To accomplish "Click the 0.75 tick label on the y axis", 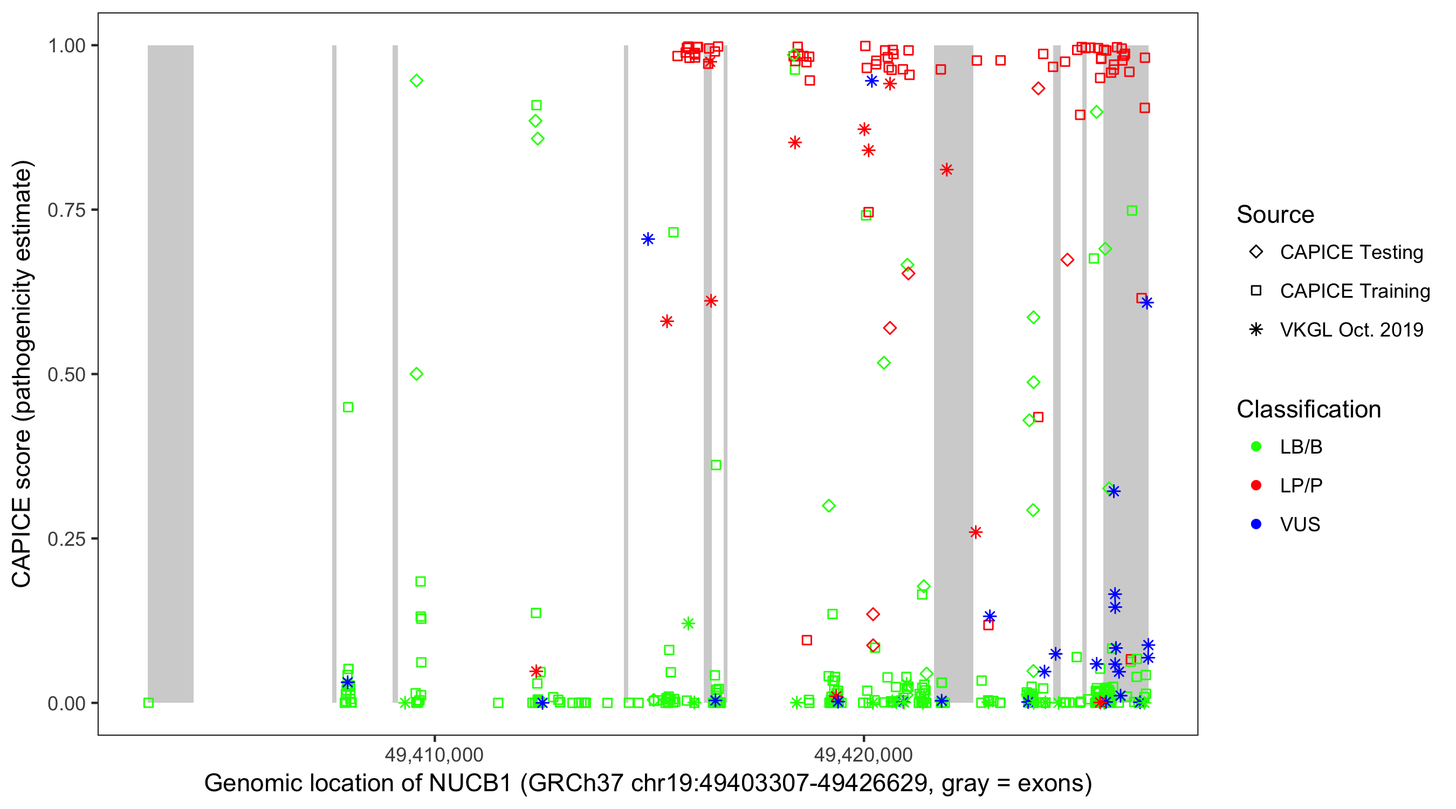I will pyautogui.click(x=66, y=210).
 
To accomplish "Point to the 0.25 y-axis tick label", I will pyautogui.click(x=66, y=539).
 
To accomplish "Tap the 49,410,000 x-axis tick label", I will pyautogui.click(x=434, y=754).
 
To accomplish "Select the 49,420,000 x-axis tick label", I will pyautogui.click(x=863, y=754).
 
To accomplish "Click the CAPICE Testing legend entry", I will pyautogui.click(x=1351, y=252).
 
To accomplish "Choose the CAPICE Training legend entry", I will pyautogui.click(x=1354, y=291).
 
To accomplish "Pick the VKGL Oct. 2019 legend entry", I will pyautogui.click(x=1351, y=330).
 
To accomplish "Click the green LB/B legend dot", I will pyautogui.click(x=1256, y=447).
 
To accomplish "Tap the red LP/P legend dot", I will pyautogui.click(x=1256, y=485).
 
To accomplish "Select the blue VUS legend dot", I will pyautogui.click(x=1256, y=525).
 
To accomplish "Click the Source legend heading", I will pyautogui.click(x=1275, y=215).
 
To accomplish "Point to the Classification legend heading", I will pyautogui.click(x=1308, y=409).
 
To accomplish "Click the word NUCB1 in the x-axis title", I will pyautogui.click(x=470, y=784).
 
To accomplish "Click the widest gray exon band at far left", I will pyautogui.click(x=170, y=373).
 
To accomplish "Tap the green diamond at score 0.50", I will pyautogui.click(x=416, y=374).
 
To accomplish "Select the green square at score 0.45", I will pyautogui.click(x=348, y=407).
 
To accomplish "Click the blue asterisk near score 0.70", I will pyautogui.click(x=648, y=239).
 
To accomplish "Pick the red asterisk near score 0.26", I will pyautogui.click(x=975, y=532).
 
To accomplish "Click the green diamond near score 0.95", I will pyautogui.click(x=416, y=81).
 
